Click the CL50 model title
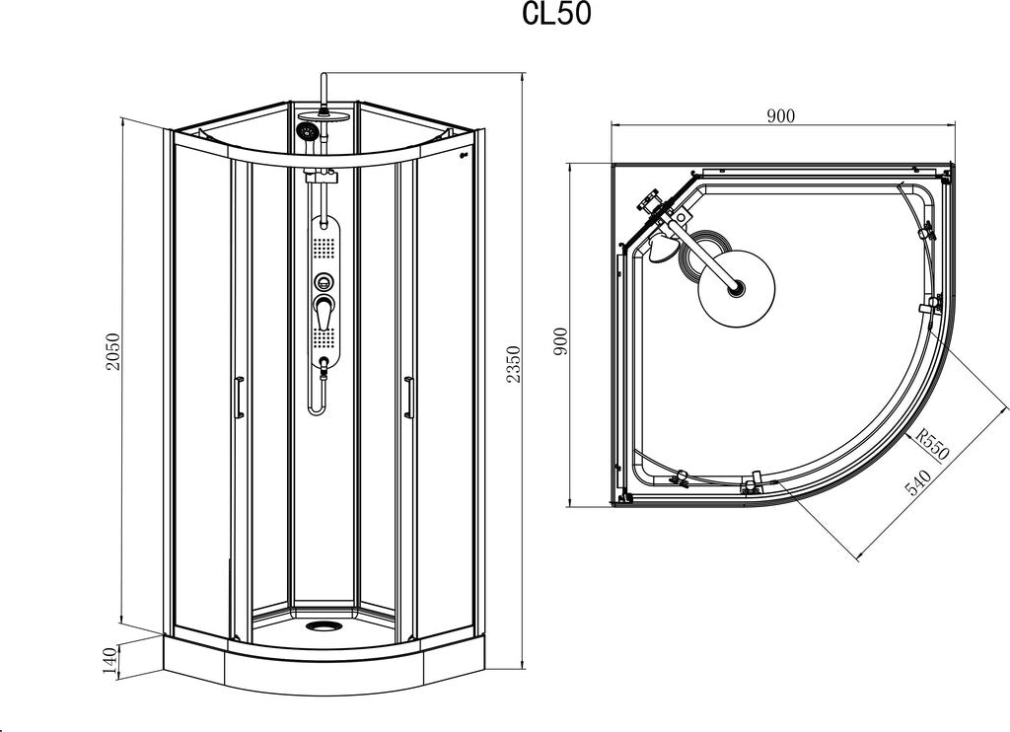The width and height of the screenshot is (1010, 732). pyautogui.click(x=556, y=15)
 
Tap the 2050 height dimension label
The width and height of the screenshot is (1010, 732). pyautogui.click(x=113, y=351)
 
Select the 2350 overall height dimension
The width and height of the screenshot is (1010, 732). pyautogui.click(x=512, y=365)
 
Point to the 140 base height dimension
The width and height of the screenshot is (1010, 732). pyautogui.click(x=110, y=660)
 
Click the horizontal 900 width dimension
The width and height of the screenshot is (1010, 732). pyautogui.click(x=781, y=116)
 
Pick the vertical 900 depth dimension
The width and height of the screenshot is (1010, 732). pyautogui.click(x=560, y=341)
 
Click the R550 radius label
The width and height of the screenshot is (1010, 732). pyautogui.click(x=932, y=445)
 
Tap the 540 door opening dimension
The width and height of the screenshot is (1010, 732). pyautogui.click(x=919, y=482)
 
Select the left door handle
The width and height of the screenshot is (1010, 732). pyautogui.click(x=238, y=398)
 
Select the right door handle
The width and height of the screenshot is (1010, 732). pyautogui.click(x=407, y=398)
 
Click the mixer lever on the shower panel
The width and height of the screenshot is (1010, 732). pyautogui.click(x=324, y=313)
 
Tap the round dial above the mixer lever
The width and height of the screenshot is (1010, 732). pyautogui.click(x=324, y=281)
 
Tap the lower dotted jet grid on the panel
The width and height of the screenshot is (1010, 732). pyautogui.click(x=324, y=337)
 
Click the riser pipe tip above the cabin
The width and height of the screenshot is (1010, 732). pyautogui.click(x=324, y=76)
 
